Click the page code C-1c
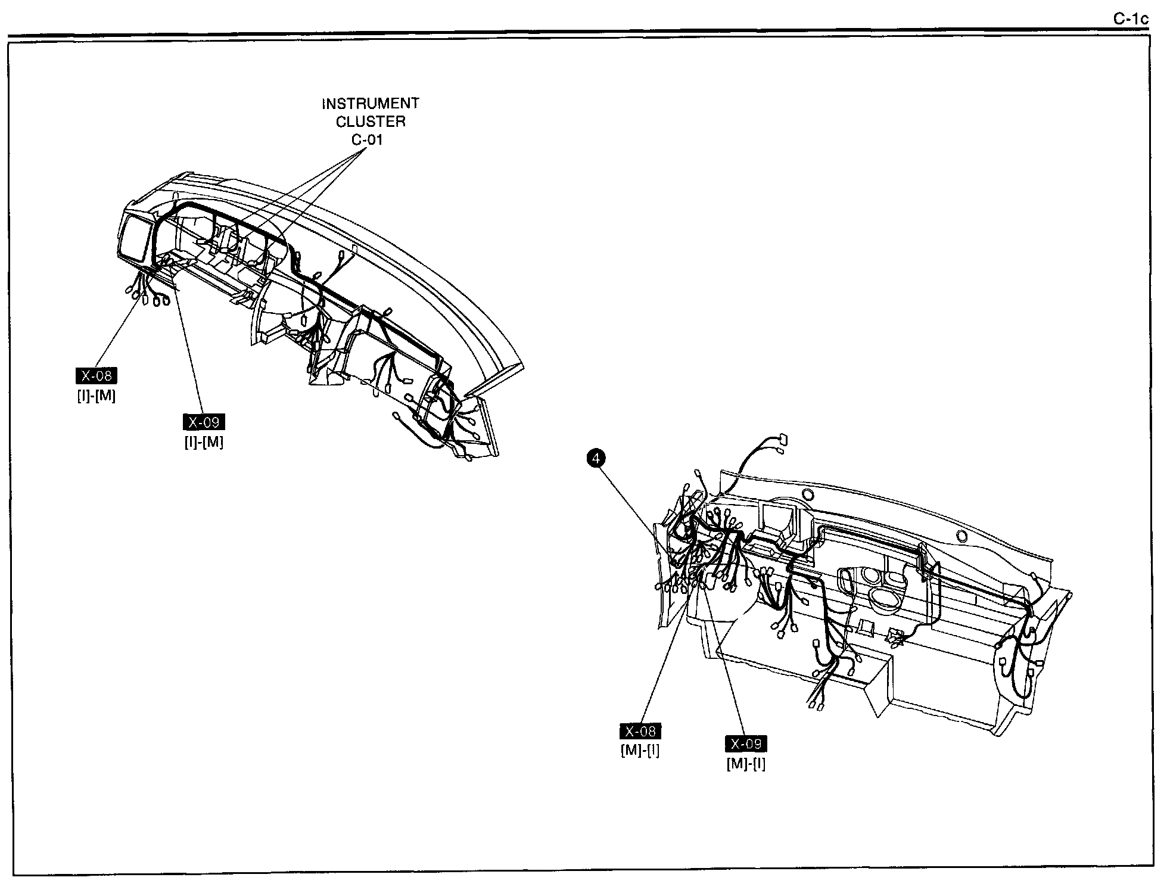point(1131,19)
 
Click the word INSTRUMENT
point(370,104)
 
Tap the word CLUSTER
point(370,122)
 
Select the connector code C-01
point(366,140)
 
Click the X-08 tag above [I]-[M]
point(97,376)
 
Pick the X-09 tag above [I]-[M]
point(204,422)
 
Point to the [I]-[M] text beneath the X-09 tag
point(204,442)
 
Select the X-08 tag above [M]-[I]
point(640,731)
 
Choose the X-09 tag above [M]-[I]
point(746,744)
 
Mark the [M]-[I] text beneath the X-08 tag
point(640,750)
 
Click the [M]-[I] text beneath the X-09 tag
point(746,763)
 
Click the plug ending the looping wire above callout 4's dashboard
point(782,440)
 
